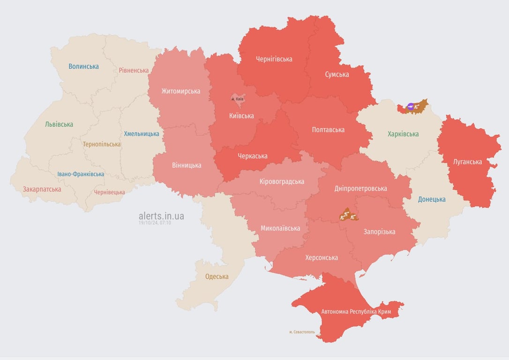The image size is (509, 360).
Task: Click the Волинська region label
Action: pyautogui.click(x=83, y=67)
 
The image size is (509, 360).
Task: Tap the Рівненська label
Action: pyautogui.click(x=134, y=70)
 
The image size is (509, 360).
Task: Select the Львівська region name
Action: pyautogui.click(x=59, y=125)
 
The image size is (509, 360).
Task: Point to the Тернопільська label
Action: pyautogui.click(x=102, y=144)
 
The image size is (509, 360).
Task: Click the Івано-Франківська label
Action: pyautogui.click(x=81, y=174)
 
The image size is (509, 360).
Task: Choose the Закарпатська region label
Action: pyautogui.click(x=42, y=189)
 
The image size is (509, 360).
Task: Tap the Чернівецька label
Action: pyautogui.click(x=109, y=192)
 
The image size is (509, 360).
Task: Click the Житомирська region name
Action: pyautogui.click(x=180, y=91)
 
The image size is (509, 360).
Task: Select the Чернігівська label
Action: pyautogui.click(x=274, y=59)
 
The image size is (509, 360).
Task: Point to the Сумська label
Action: pyautogui.click(x=337, y=74)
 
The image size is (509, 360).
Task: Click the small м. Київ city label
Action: pyautogui.click(x=238, y=99)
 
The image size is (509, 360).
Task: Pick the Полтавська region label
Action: pyautogui.click(x=328, y=130)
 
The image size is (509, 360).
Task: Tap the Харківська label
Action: pyautogui.click(x=403, y=134)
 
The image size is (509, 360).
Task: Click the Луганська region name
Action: pyautogui.click(x=467, y=162)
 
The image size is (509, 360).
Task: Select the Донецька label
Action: pyautogui.click(x=432, y=199)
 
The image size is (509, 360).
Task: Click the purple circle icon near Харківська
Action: pyautogui.click(x=411, y=107)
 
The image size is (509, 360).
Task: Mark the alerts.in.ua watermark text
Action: pyautogui.click(x=161, y=216)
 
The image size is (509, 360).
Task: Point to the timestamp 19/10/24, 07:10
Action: pyautogui.click(x=155, y=223)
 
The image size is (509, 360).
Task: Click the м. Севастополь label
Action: pyautogui.click(x=302, y=332)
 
